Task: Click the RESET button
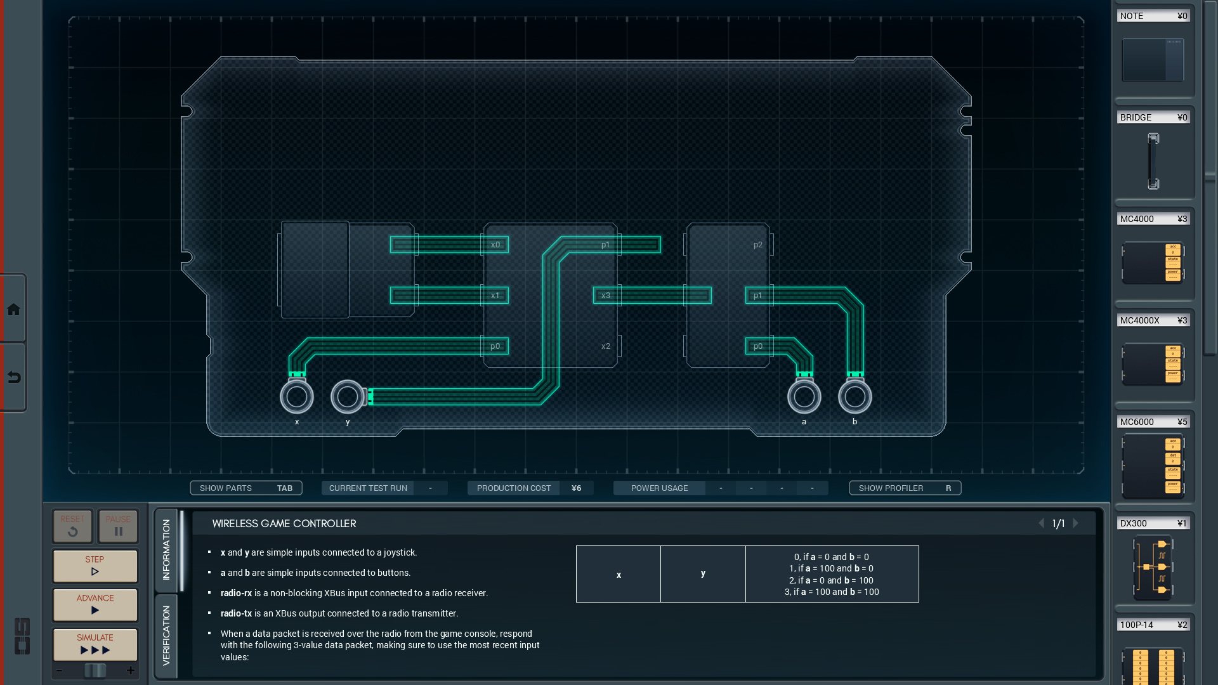coord(72,526)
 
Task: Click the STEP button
coord(95,565)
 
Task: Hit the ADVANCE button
coord(95,604)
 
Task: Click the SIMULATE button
coord(95,644)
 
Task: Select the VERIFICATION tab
coord(166,635)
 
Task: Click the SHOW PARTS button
coord(246,488)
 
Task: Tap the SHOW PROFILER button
coord(905,488)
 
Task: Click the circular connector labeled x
coord(297,397)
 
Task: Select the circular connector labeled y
coord(348,397)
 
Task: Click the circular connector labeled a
coord(804,397)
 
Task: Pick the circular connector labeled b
coord(855,397)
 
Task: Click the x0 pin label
coord(495,245)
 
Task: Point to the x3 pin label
coord(606,296)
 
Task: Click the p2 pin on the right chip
coord(758,245)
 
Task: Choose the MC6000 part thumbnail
coord(1153,466)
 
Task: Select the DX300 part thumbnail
coord(1153,567)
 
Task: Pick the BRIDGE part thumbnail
coord(1153,161)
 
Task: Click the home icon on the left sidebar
coord(13,310)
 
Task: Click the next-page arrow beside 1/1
coord(1075,523)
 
